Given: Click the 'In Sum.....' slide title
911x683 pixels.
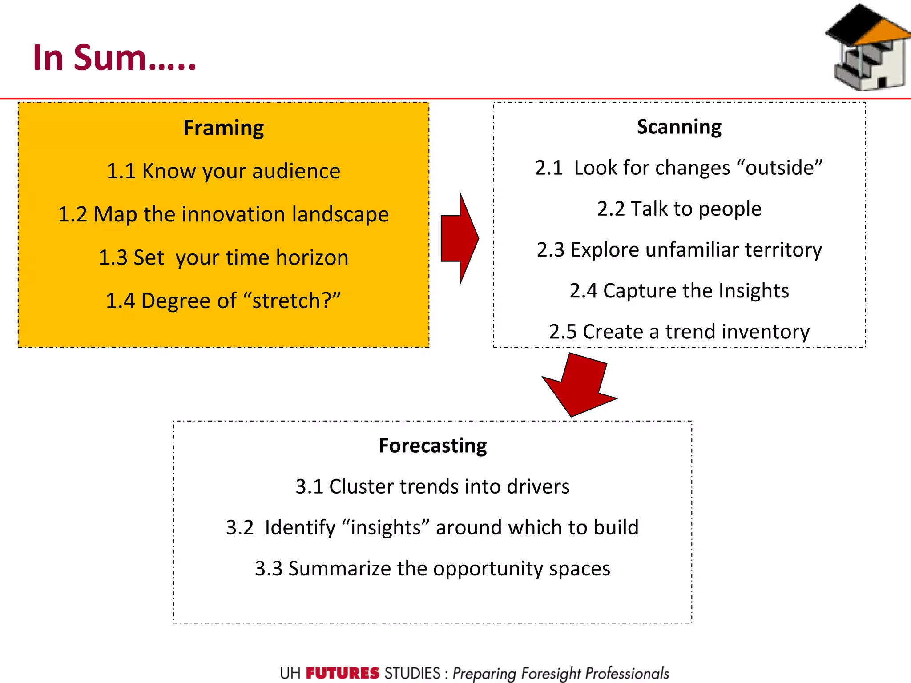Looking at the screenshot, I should (114, 58).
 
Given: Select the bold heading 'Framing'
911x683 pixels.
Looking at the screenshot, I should (223, 128).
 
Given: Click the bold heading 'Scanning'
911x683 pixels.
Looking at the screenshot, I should (679, 127).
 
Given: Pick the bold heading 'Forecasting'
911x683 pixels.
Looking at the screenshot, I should (432, 446).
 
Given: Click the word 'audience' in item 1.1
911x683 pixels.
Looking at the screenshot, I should (296, 171).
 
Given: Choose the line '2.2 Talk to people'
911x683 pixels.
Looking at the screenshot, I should (679, 209).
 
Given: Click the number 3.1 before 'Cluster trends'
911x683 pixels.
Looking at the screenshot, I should (309, 486).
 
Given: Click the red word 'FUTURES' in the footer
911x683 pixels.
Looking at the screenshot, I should (343, 673).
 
